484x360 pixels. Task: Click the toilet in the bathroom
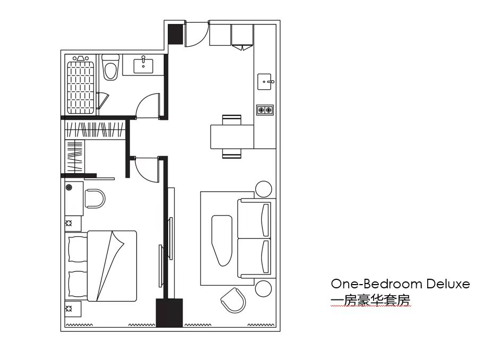(110, 67)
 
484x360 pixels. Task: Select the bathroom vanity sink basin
(143, 66)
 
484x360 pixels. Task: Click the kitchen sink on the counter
(264, 82)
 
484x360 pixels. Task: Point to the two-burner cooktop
(265, 110)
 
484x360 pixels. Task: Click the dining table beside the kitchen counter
(232, 136)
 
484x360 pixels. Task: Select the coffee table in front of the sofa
(222, 241)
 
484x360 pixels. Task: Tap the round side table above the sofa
(264, 189)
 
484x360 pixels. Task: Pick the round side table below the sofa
(264, 288)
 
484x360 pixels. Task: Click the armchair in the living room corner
(234, 300)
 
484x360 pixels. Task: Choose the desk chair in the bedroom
(95, 199)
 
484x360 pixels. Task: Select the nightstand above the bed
(73, 224)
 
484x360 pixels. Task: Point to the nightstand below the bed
(73, 308)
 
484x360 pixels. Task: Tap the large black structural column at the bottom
(169, 313)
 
